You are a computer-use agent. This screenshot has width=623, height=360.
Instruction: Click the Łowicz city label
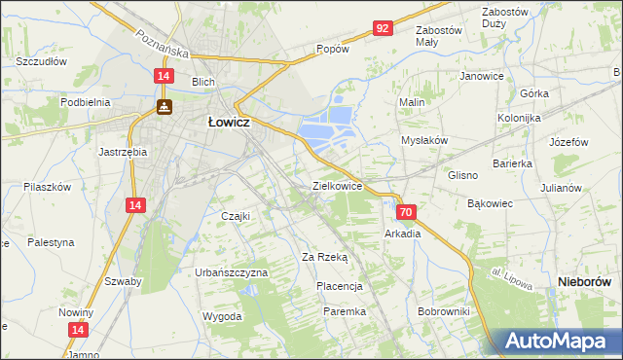click(x=231, y=124)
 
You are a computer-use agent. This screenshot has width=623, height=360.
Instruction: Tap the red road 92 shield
click(x=382, y=28)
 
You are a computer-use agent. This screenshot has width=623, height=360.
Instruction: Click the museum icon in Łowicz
click(x=165, y=106)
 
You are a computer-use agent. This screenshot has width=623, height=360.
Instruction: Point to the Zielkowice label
click(x=337, y=185)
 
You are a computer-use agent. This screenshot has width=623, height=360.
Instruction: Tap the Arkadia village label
click(x=402, y=234)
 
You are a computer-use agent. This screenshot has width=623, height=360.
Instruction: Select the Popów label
click(x=332, y=49)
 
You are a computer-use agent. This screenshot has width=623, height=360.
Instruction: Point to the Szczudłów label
click(x=40, y=60)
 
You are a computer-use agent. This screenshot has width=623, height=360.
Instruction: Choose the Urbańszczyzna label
click(x=231, y=272)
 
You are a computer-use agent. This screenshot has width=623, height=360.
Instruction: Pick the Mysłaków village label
click(x=424, y=140)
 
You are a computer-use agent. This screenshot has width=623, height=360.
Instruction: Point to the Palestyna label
click(x=51, y=241)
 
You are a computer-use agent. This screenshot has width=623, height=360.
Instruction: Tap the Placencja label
click(x=340, y=286)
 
